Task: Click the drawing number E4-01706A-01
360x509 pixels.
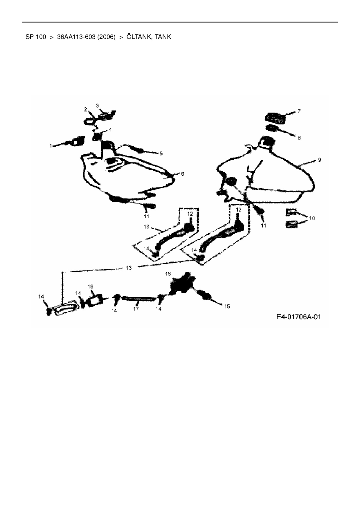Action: click(298, 316)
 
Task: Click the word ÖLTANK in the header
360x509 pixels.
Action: click(139, 37)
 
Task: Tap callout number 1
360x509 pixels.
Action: click(51, 146)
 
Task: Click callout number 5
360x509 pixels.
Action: click(161, 154)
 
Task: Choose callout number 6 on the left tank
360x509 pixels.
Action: click(182, 174)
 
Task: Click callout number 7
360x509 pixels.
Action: click(299, 111)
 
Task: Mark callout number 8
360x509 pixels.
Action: click(299, 138)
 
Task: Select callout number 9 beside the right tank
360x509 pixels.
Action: click(319, 160)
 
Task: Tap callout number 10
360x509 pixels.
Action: click(312, 218)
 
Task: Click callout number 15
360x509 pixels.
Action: click(227, 306)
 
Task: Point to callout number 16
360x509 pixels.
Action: click(168, 274)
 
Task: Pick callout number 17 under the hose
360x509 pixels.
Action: click(136, 309)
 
